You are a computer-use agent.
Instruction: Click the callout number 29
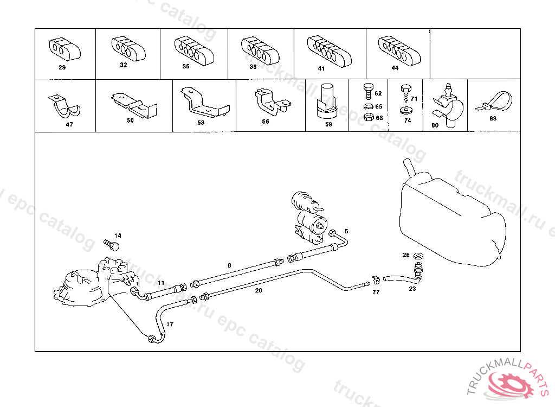tap(62, 68)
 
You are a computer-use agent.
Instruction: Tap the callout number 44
tap(395, 68)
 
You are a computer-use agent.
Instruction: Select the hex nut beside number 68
tap(367, 117)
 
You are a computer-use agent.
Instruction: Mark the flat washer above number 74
tap(406, 111)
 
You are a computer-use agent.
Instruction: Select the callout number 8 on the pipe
tap(229, 265)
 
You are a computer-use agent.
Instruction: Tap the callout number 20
tap(259, 290)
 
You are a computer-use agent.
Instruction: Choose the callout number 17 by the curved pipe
tap(170, 325)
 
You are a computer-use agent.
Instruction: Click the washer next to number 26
tap(418, 255)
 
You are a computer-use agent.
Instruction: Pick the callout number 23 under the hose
tap(412, 289)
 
